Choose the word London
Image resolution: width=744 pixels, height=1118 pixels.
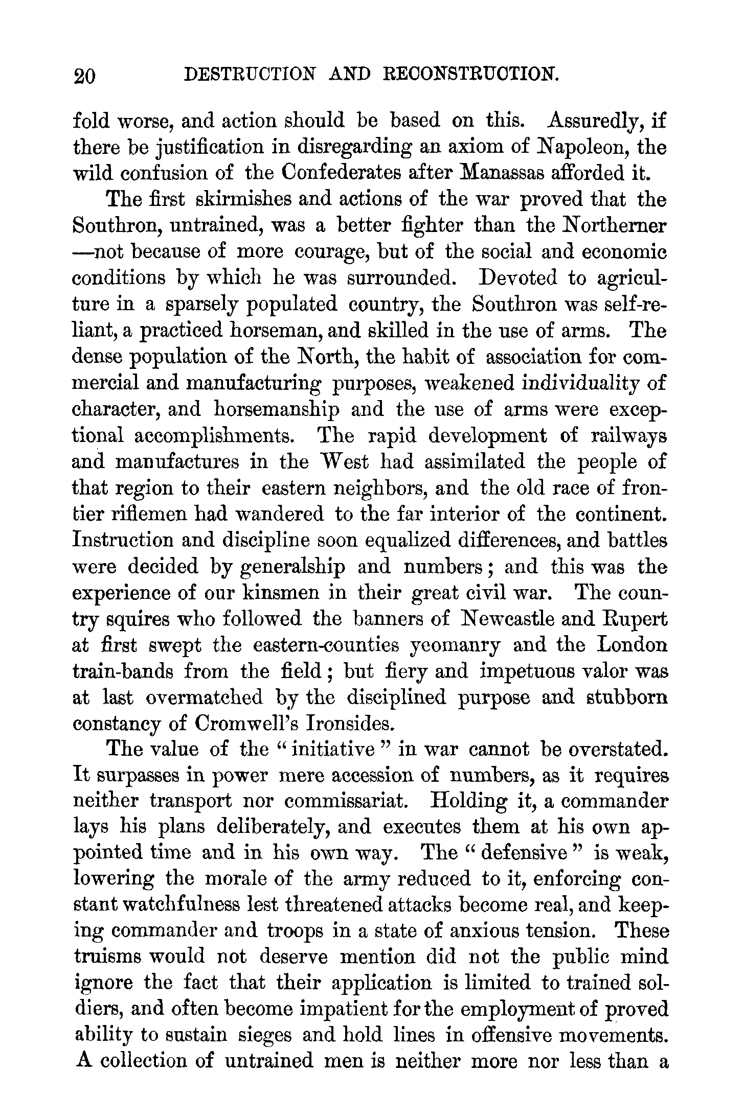click(632, 645)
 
